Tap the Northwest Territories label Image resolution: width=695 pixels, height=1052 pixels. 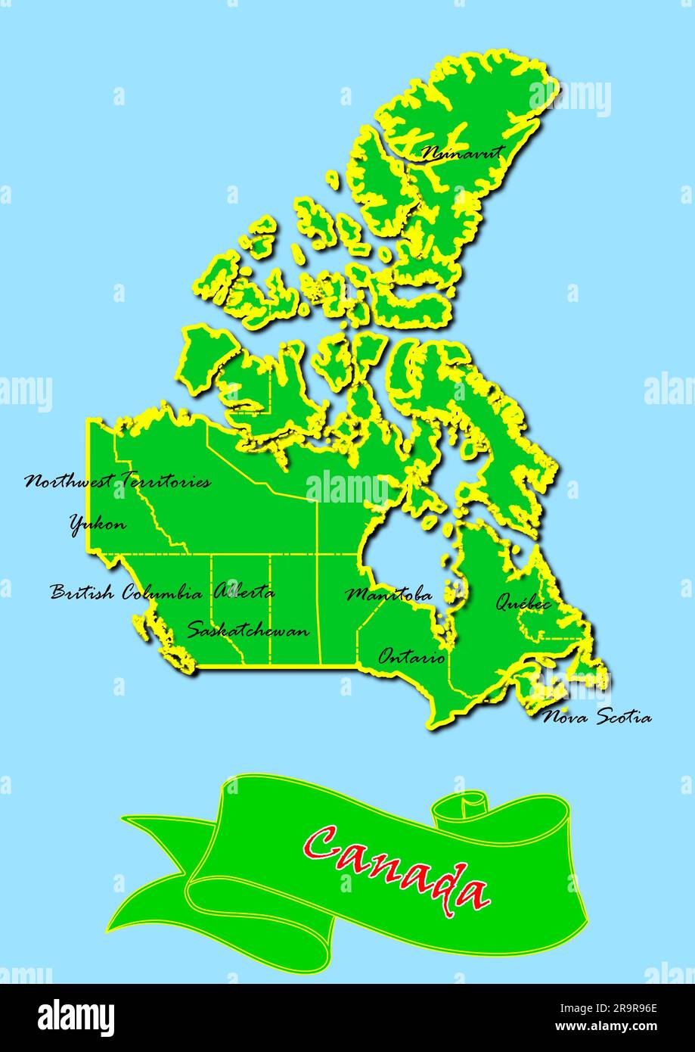pos(118,481)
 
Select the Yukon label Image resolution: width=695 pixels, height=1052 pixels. pos(98,524)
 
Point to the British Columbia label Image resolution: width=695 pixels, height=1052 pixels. pos(126,593)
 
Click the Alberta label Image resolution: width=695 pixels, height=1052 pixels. pos(244,593)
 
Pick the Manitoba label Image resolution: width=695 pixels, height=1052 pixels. pos(389,595)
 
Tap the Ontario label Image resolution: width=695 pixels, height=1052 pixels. pos(412,657)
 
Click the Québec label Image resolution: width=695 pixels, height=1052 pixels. pos(523,603)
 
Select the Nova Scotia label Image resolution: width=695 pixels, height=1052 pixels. pos(597,717)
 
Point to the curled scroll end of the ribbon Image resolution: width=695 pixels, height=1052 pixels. pos(463,805)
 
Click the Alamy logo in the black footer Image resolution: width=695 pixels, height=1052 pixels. pos(76,1016)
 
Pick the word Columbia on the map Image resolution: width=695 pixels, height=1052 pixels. pos(162,593)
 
